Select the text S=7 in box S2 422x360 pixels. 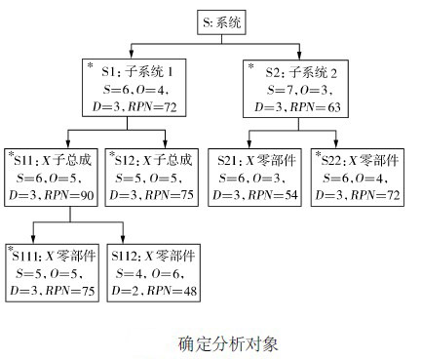pyautogui.click(x=271, y=87)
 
